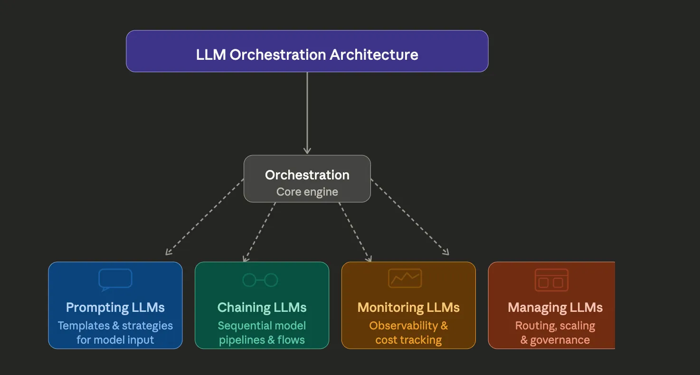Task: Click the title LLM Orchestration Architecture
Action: (x=307, y=55)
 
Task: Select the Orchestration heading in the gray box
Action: (x=307, y=175)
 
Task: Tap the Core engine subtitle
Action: (x=307, y=192)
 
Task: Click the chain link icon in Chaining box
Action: (x=260, y=280)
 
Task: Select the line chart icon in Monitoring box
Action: (x=405, y=278)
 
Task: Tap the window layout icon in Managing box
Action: (x=551, y=280)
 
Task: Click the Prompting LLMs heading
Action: (x=115, y=308)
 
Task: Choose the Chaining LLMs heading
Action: (x=262, y=308)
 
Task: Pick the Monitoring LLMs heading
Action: (x=408, y=308)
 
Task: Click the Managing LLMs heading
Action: (x=555, y=308)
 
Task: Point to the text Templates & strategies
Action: (x=115, y=326)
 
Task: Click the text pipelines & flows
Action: (x=262, y=340)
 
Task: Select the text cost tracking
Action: (x=408, y=340)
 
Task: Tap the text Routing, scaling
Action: (x=555, y=326)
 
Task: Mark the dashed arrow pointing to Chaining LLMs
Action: (x=259, y=233)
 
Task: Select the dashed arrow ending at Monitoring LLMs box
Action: (x=355, y=233)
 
